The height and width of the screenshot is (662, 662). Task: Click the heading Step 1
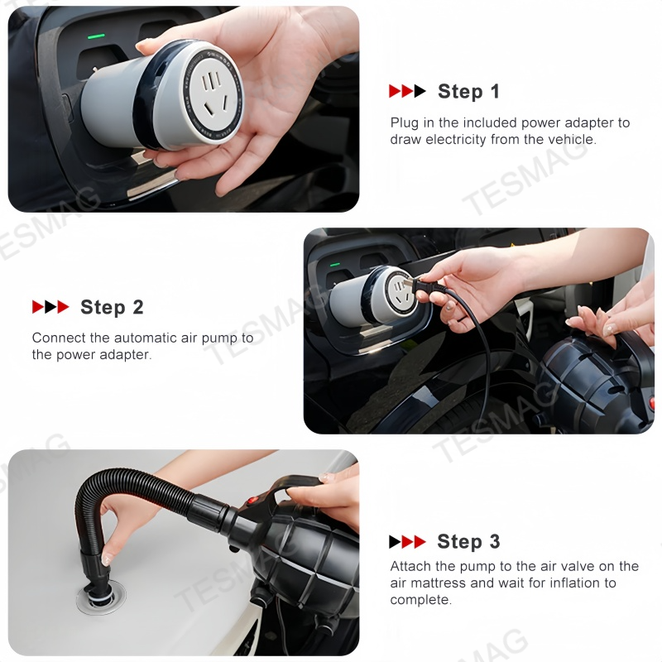468,92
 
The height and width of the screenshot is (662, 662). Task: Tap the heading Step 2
112,307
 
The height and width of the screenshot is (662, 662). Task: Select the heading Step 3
468,542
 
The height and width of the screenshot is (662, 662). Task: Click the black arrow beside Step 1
420,91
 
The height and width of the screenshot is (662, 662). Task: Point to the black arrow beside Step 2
50,307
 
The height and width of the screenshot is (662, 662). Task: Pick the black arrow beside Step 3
396,542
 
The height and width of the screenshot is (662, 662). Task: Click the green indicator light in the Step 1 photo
96,36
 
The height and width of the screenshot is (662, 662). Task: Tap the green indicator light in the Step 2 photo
335,265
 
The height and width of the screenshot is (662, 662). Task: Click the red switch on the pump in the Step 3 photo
252,501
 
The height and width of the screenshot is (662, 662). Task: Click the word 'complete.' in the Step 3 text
421,601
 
